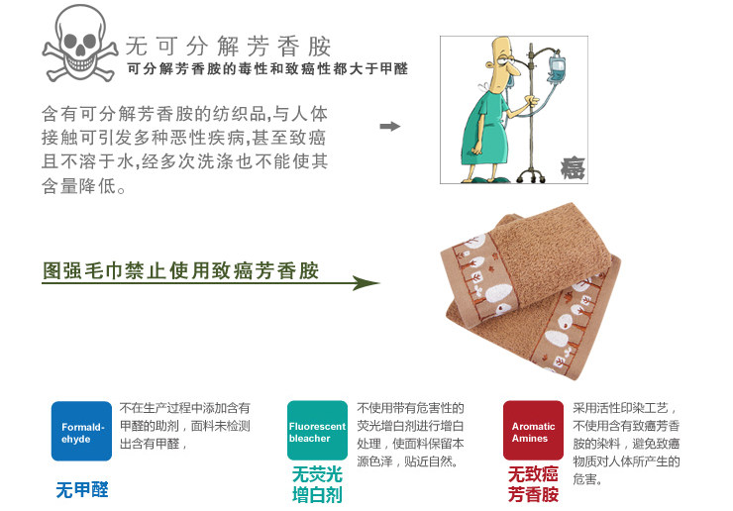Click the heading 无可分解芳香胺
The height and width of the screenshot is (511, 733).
(228, 47)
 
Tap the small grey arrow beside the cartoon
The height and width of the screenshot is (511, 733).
(390, 127)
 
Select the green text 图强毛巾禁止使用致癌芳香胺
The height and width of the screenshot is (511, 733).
(180, 271)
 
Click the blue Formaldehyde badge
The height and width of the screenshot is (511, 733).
(82, 431)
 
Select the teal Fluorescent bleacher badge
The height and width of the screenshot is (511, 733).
(317, 431)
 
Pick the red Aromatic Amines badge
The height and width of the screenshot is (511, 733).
(533, 431)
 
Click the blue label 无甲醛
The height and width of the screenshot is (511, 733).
(82, 489)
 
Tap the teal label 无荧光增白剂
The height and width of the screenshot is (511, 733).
(317, 484)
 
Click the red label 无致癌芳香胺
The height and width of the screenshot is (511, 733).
(533, 484)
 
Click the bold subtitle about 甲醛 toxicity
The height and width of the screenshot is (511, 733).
(267, 69)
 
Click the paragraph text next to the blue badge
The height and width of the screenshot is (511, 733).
(185, 426)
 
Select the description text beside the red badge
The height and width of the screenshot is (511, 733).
(627, 443)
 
